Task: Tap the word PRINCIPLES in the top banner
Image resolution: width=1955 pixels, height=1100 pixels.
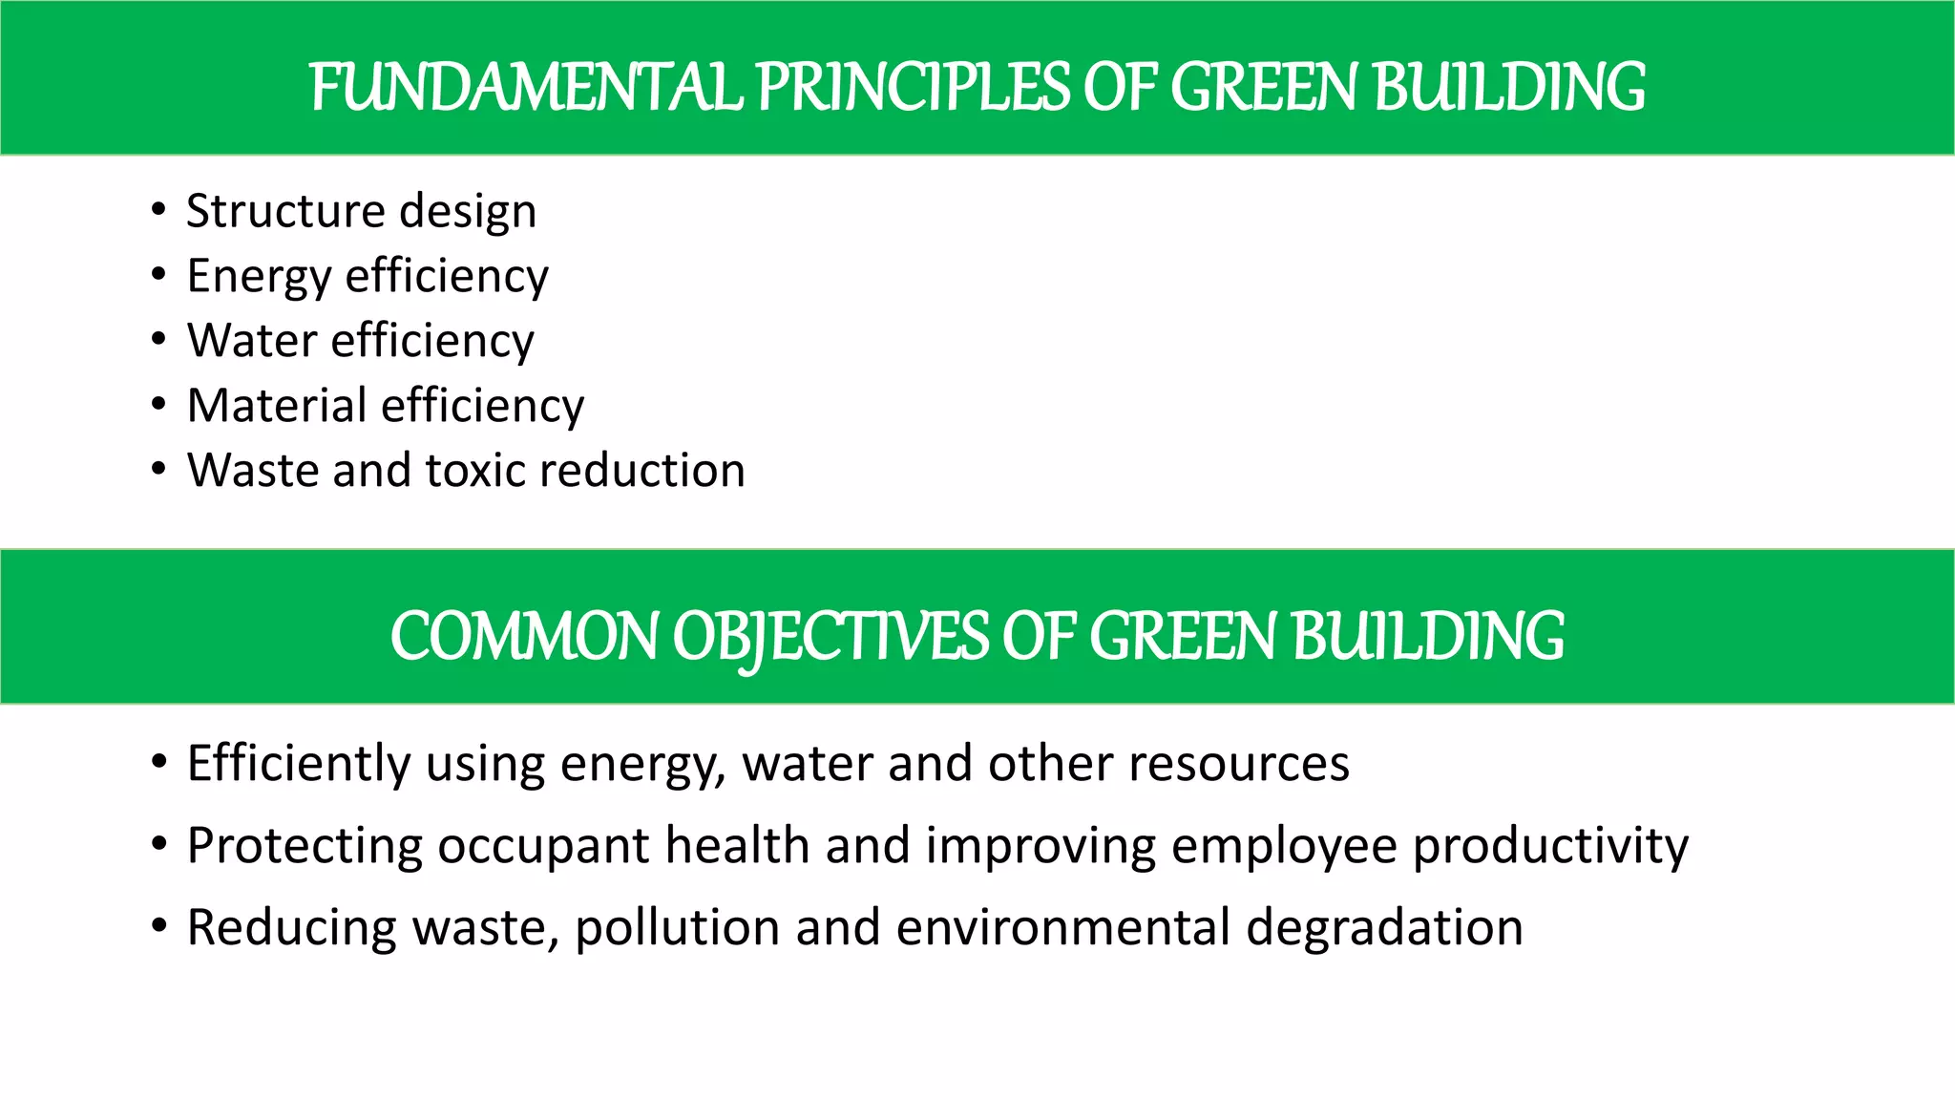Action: [x=914, y=88]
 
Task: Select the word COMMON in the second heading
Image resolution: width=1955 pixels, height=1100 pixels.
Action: [x=524, y=637]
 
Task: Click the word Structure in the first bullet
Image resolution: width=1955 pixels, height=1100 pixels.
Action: [x=285, y=211]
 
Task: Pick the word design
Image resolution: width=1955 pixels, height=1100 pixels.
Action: [x=468, y=211]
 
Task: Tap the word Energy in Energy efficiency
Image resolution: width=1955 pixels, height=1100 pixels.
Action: [x=259, y=277]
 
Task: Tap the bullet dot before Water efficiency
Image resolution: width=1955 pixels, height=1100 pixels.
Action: [x=158, y=339]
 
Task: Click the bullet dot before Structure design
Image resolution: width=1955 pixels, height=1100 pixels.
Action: [x=158, y=209]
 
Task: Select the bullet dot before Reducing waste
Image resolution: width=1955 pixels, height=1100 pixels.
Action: [x=158, y=925]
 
